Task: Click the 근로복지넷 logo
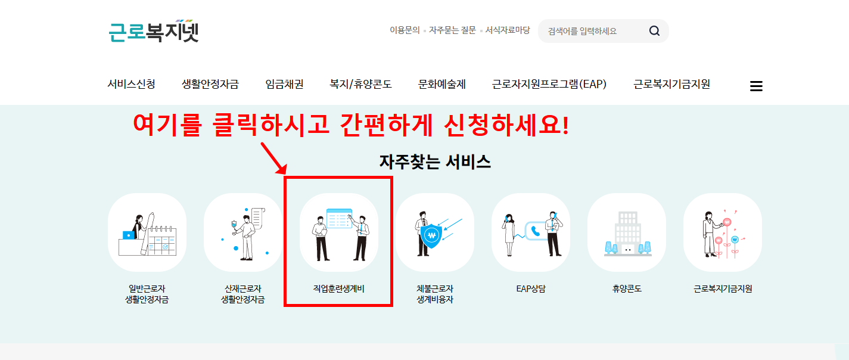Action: [x=154, y=31]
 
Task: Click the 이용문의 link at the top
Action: [x=405, y=30]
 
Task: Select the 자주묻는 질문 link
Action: [x=452, y=30]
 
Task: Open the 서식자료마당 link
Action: [x=507, y=30]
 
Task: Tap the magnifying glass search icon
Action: [x=654, y=31]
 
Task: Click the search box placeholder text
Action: [x=582, y=31]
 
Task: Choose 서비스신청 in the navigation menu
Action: [x=131, y=85]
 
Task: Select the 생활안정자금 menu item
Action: [x=210, y=85]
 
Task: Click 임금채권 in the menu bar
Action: [x=284, y=85]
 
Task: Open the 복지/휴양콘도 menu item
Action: [x=360, y=85]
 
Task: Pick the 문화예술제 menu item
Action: [x=441, y=85]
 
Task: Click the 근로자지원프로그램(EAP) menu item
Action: [x=549, y=85]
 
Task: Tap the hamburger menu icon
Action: [x=756, y=86]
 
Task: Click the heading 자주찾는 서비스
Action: [x=435, y=162]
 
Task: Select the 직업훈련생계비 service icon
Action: [x=339, y=232]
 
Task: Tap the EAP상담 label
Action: [x=531, y=289]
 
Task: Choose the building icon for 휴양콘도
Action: [x=627, y=232]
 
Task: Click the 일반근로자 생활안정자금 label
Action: [x=147, y=294]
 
